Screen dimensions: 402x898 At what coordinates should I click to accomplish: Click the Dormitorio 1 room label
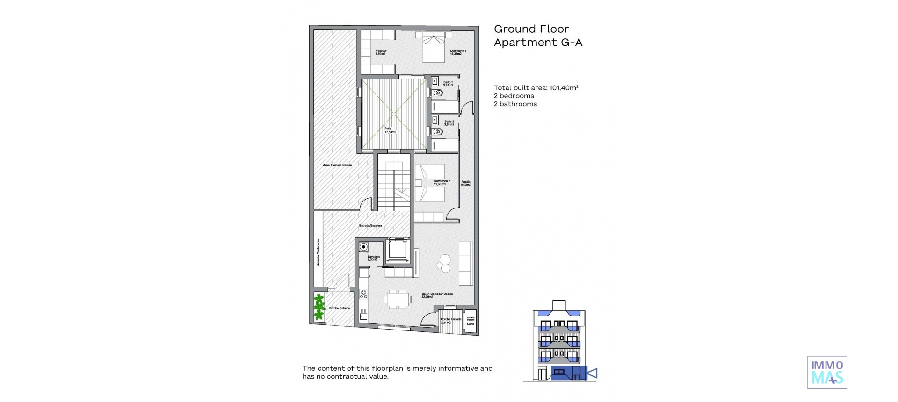tap(458, 52)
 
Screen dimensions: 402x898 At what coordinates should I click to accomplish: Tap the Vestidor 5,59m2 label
tap(381, 52)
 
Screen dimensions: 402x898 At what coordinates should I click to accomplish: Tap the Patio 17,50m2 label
tap(390, 130)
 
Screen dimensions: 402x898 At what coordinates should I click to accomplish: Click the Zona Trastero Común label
tap(337, 165)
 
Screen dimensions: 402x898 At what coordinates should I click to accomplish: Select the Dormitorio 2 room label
tap(442, 182)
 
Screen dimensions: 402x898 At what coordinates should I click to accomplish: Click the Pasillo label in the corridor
tap(466, 183)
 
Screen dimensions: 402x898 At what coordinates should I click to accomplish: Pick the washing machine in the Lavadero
tap(363, 247)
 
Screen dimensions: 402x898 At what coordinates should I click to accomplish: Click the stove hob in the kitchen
tap(363, 294)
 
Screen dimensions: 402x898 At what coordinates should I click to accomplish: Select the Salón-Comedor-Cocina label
tap(437, 295)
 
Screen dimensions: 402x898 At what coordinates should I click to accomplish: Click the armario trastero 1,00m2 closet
tap(470, 321)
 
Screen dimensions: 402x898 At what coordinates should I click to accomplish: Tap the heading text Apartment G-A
tap(538, 43)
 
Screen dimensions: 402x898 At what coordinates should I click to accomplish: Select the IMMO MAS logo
tap(827, 372)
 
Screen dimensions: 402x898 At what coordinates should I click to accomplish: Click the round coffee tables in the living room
tap(444, 263)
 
